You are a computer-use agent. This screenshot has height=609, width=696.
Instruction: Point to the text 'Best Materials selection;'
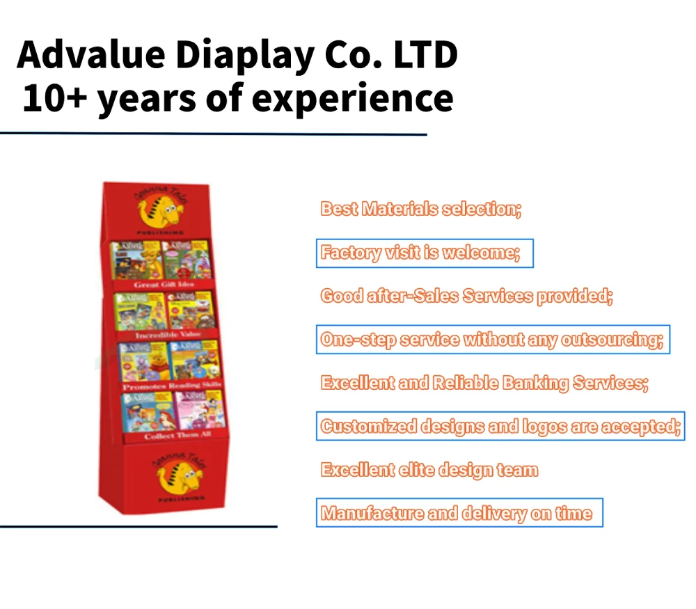(x=420, y=209)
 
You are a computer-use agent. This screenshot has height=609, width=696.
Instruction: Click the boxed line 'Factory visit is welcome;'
(x=420, y=253)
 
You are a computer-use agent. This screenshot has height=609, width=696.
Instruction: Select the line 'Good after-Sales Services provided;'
(x=466, y=296)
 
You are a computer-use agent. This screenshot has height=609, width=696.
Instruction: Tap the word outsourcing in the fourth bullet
(x=612, y=340)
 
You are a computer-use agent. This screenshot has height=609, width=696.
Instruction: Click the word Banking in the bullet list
(x=535, y=383)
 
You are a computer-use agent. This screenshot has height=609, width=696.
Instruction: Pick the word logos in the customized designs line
(x=537, y=427)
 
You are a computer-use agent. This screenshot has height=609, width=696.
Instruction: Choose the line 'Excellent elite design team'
(x=429, y=470)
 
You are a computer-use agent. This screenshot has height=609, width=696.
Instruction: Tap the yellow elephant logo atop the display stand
(x=161, y=207)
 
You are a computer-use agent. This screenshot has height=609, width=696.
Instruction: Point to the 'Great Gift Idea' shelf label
(x=164, y=285)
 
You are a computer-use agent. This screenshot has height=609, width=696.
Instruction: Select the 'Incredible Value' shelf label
(x=167, y=335)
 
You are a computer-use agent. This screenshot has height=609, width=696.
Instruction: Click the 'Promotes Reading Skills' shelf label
(x=171, y=386)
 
